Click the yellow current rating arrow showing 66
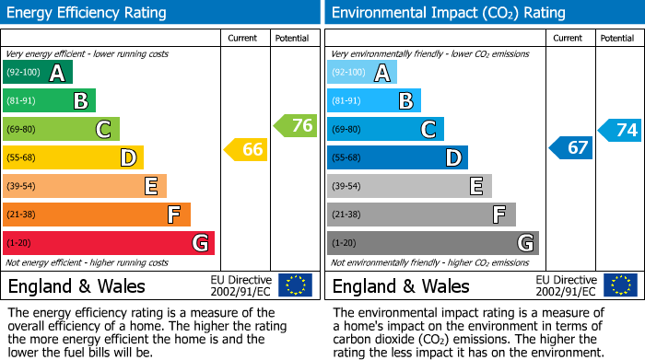coord(246,149)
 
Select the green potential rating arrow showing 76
coord(296,126)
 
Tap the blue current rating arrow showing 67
coord(571,147)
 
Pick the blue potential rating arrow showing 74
coord(620,130)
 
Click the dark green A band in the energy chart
coord(38,73)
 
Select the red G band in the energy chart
coord(109,243)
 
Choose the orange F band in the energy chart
coord(97,215)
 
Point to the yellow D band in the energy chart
coord(73,157)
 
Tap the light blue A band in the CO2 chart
coord(362,73)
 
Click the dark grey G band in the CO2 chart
coord(432,243)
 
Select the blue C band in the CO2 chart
coord(385,129)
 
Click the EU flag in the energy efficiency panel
coord(295,285)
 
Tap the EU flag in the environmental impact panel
coord(619,285)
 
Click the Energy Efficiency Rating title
coord(88,13)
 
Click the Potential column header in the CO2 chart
coord(616,38)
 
